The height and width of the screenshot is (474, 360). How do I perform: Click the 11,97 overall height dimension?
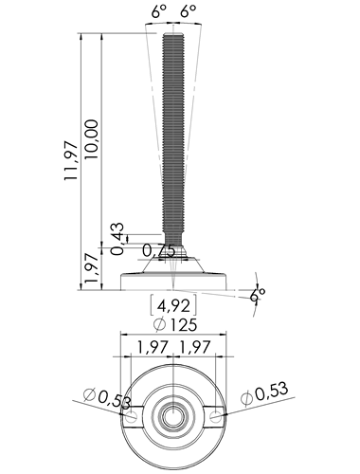71,161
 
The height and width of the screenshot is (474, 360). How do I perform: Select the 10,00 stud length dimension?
92,139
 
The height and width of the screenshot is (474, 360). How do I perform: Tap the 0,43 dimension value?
117,239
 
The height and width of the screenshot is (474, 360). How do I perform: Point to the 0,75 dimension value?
159,250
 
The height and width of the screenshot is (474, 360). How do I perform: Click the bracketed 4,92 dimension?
173,305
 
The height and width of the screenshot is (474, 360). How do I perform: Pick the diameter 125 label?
175,324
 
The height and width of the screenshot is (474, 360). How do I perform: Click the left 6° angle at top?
158,12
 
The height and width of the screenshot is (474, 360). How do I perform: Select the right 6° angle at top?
189,12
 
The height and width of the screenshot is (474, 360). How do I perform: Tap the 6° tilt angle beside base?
258,296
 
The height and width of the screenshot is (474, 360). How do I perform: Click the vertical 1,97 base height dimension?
92,268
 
